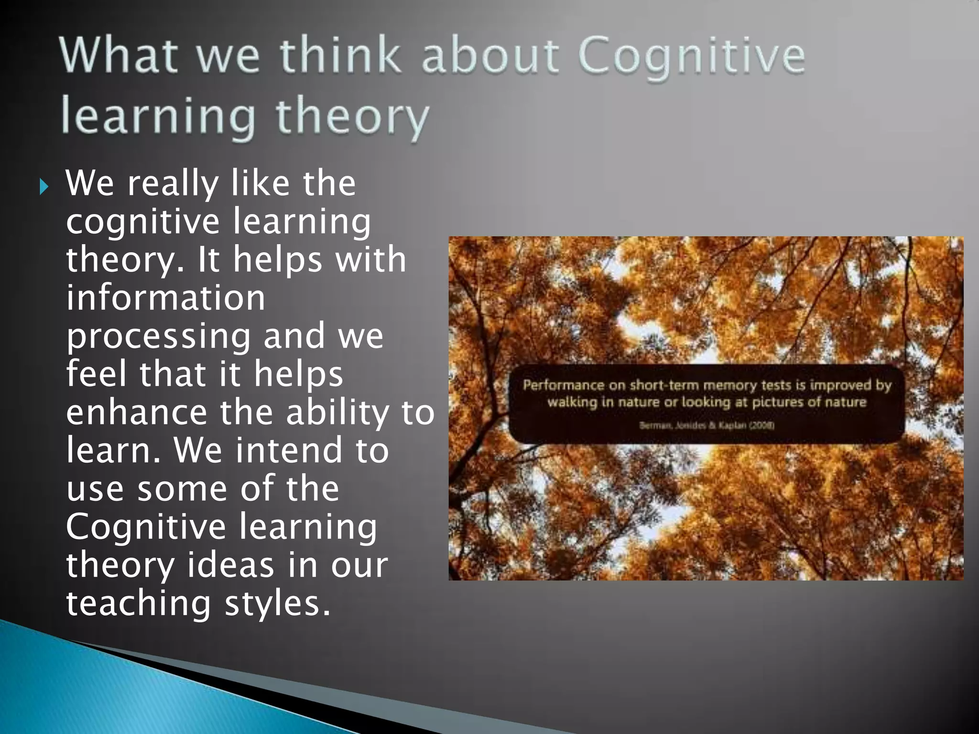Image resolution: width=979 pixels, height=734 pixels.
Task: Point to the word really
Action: pyautogui.click(x=173, y=184)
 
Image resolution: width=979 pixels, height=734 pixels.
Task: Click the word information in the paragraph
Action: pyautogui.click(x=165, y=298)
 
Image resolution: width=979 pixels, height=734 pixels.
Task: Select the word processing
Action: pyautogui.click(x=158, y=336)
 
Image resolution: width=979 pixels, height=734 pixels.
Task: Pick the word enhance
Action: pyautogui.click(x=136, y=412)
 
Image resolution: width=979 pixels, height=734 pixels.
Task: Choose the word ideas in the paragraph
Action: pyautogui.click(x=230, y=565)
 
